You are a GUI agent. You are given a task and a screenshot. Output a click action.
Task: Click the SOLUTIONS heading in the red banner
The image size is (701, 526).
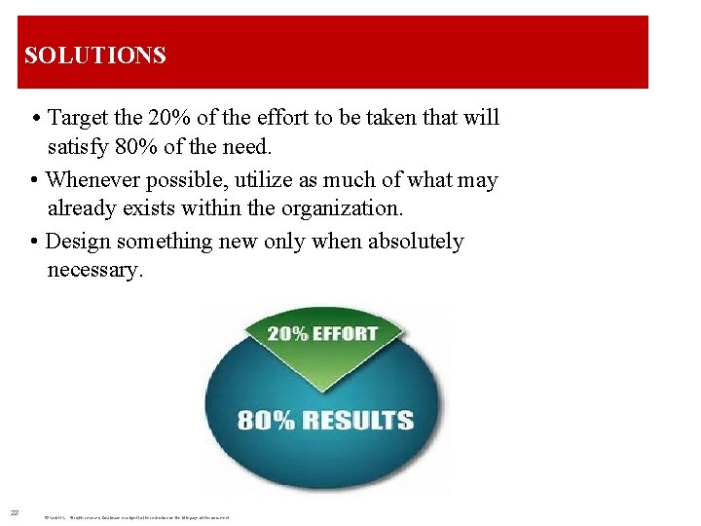pyautogui.click(x=95, y=56)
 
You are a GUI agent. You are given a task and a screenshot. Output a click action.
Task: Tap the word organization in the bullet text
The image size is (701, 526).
pyautogui.click(x=348, y=208)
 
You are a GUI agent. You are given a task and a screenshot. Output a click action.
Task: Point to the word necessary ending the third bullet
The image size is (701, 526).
pyautogui.click(x=94, y=270)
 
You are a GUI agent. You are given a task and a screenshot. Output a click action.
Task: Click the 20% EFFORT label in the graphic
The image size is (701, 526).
pyautogui.click(x=322, y=333)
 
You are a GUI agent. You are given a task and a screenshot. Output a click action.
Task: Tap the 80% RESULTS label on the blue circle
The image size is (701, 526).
pyautogui.click(x=325, y=421)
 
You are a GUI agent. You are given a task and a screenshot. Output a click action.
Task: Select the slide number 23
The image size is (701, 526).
pyautogui.click(x=15, y=512)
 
